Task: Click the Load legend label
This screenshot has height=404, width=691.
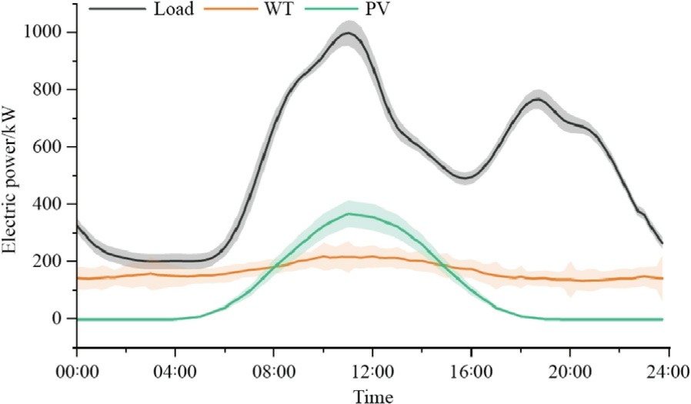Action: (x=174, y=12)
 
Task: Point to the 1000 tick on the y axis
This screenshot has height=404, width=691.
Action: (x=48, y=32)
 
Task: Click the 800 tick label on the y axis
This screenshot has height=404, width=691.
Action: (x=52, y=89)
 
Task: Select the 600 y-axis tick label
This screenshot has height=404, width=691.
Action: (x=52, y=147)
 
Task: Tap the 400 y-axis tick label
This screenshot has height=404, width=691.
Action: (x=52, y=204)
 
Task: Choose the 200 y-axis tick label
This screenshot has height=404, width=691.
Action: (x=52, y=262)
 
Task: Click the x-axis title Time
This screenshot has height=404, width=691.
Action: (x=372, y=396)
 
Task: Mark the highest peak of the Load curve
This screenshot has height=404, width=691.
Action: (x=348, y=33)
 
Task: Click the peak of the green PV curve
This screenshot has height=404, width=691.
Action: (x=350, y=214)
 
